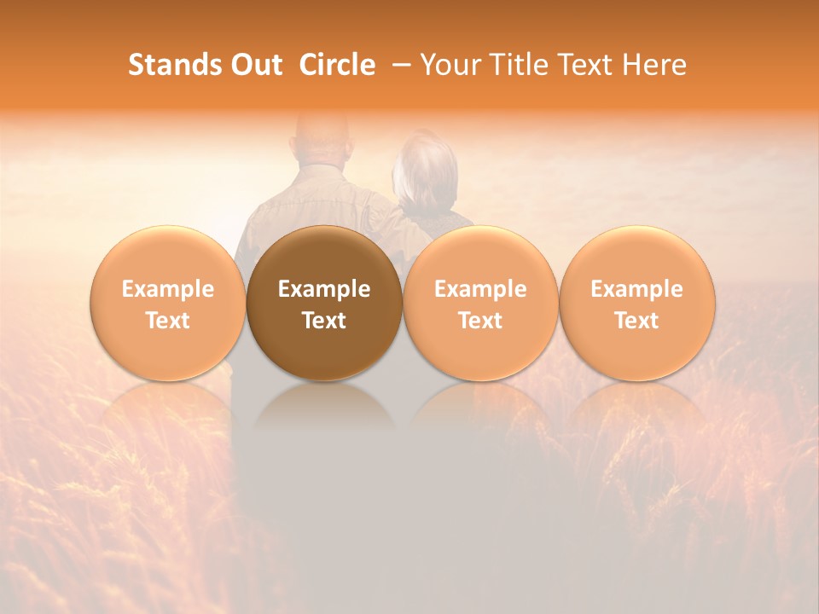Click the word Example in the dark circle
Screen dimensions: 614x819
tap(324, 289)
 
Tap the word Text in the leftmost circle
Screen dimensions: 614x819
tap(168, 321)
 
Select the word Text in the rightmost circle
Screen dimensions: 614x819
tap(636, 321)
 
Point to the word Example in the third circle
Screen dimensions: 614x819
tap(480, 289)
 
